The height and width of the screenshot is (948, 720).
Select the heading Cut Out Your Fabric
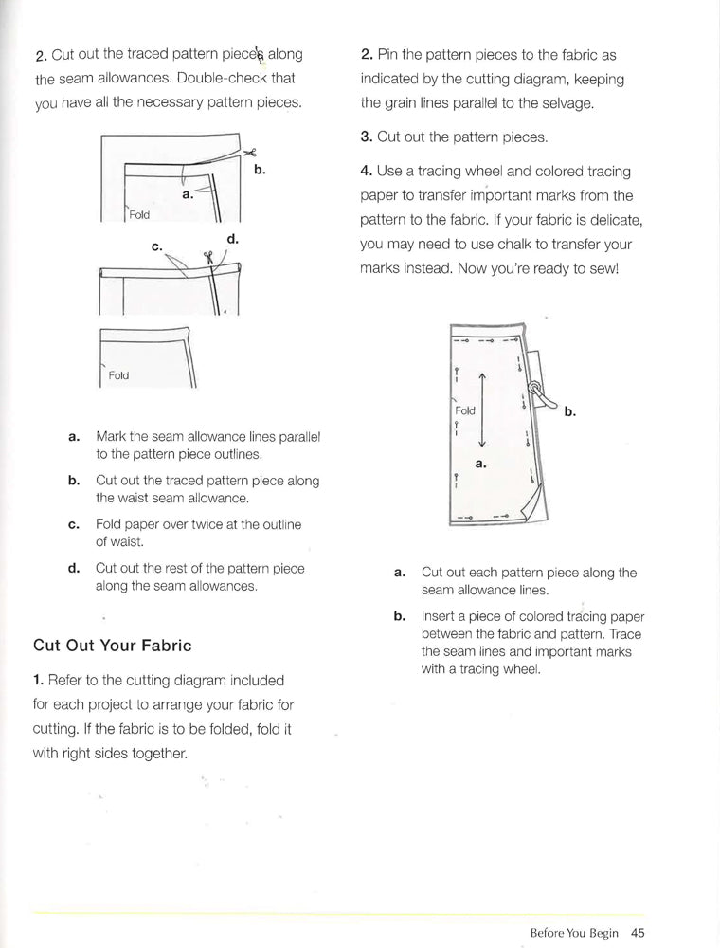click(x=112, y=646)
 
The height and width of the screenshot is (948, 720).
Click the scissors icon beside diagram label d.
click(x=207, y=257)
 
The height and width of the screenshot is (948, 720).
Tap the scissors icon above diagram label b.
click(x=250, y=153)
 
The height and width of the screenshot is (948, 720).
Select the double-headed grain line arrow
click(x=482, y=410)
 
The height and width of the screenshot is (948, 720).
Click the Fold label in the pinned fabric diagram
click(x=465, y=410)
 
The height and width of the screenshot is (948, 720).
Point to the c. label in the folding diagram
click(x=157, y=246)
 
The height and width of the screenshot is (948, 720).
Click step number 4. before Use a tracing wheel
click(x=367, y=172)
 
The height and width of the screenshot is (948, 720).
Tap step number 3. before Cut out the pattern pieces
click(x=367, y=137)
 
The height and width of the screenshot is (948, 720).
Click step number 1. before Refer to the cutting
click(x=39, y=681)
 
